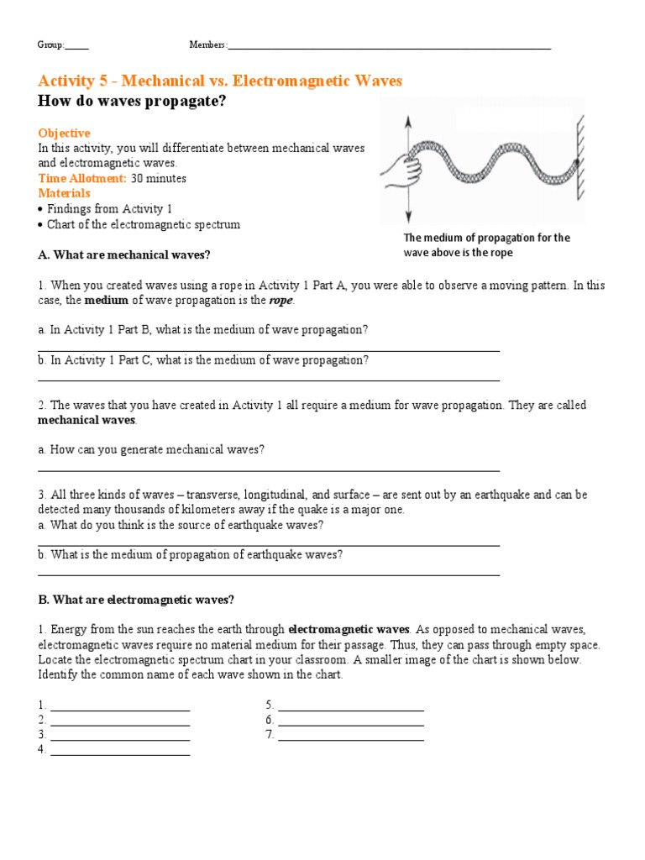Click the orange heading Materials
pos(64,193)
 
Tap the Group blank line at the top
pos(76,47)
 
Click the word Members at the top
pos(207,45)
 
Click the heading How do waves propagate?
pos(133,102)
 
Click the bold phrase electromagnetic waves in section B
pos(349,629)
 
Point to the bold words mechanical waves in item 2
pos(87,420)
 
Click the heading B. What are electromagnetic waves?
pos(136,600)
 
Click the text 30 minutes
pos(159,178)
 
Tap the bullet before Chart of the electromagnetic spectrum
pos(41,224)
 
